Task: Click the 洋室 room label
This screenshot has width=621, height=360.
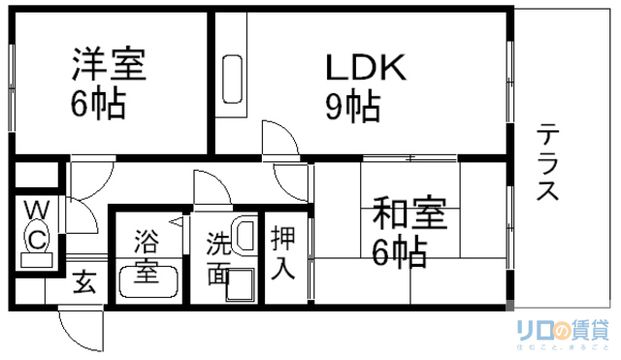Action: coord(108,65)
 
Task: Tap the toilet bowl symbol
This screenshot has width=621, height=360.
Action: coord(37,237)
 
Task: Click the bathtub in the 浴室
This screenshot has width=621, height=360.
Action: coord(147,282)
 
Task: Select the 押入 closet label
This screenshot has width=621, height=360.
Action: coord(283,251)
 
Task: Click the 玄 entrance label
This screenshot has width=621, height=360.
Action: coord(85,284)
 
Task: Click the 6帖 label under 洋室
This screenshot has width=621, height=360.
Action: coord(97,104)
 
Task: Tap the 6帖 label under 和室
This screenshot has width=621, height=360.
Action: coord(399,251)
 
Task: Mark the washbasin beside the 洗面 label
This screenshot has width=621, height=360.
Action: coord(245,236)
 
